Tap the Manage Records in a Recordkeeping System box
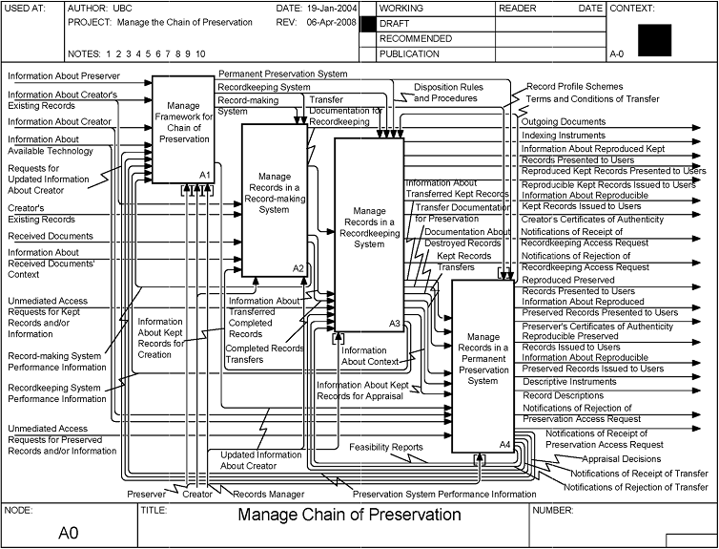369,230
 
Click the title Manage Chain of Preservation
349,515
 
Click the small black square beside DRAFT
367,23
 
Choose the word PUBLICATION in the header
409,54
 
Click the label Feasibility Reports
385,447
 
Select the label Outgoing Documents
564,122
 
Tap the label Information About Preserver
62,75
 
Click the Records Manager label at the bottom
269,494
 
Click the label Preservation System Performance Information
444,494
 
